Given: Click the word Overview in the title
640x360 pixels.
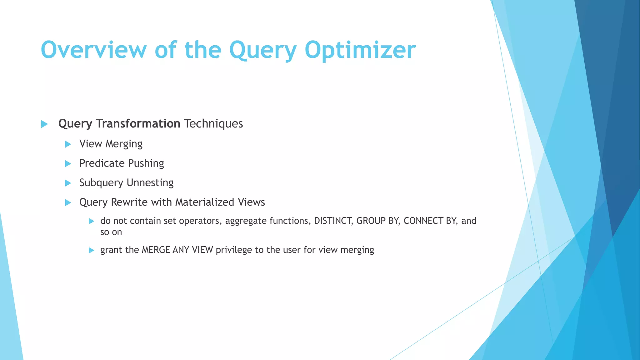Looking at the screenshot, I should click(x=93, y=50).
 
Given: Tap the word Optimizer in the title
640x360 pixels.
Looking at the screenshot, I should click(x=360, y=50).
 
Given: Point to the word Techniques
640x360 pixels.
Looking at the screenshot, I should click(x=213, y=124).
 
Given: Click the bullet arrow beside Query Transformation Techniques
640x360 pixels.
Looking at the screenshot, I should click(x=44, y=124).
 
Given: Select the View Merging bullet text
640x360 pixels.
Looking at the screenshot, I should click(x=111, y=144).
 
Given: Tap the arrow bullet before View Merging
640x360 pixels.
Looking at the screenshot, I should click(x=68, y=144).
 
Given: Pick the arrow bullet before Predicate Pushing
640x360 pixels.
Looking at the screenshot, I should click(x=68, y=163).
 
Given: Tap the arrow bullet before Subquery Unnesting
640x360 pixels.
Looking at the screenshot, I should click(x=68, y=183).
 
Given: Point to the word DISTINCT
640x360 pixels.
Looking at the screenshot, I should click(x=333, y=221).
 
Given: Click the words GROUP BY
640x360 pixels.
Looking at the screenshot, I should click(x=377, y=221).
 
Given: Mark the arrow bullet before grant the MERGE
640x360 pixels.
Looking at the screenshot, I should click(x=91, y=250).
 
